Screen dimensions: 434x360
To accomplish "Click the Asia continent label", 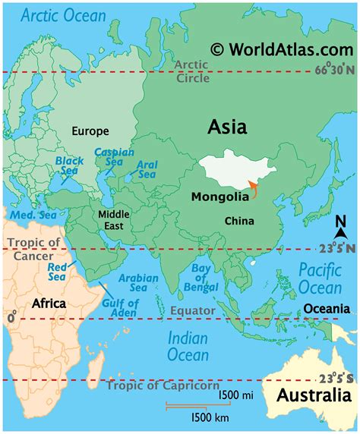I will pos(226,127).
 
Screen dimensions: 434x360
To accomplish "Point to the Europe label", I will pos(90,131).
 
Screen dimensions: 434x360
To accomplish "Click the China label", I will pos(238,221).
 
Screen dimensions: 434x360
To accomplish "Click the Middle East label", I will pos(114,220).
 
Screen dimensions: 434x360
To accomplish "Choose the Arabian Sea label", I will pos(140,284).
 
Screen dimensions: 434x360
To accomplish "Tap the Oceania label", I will pos(327,308).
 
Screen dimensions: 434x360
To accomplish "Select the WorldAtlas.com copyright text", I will pos(281,49).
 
